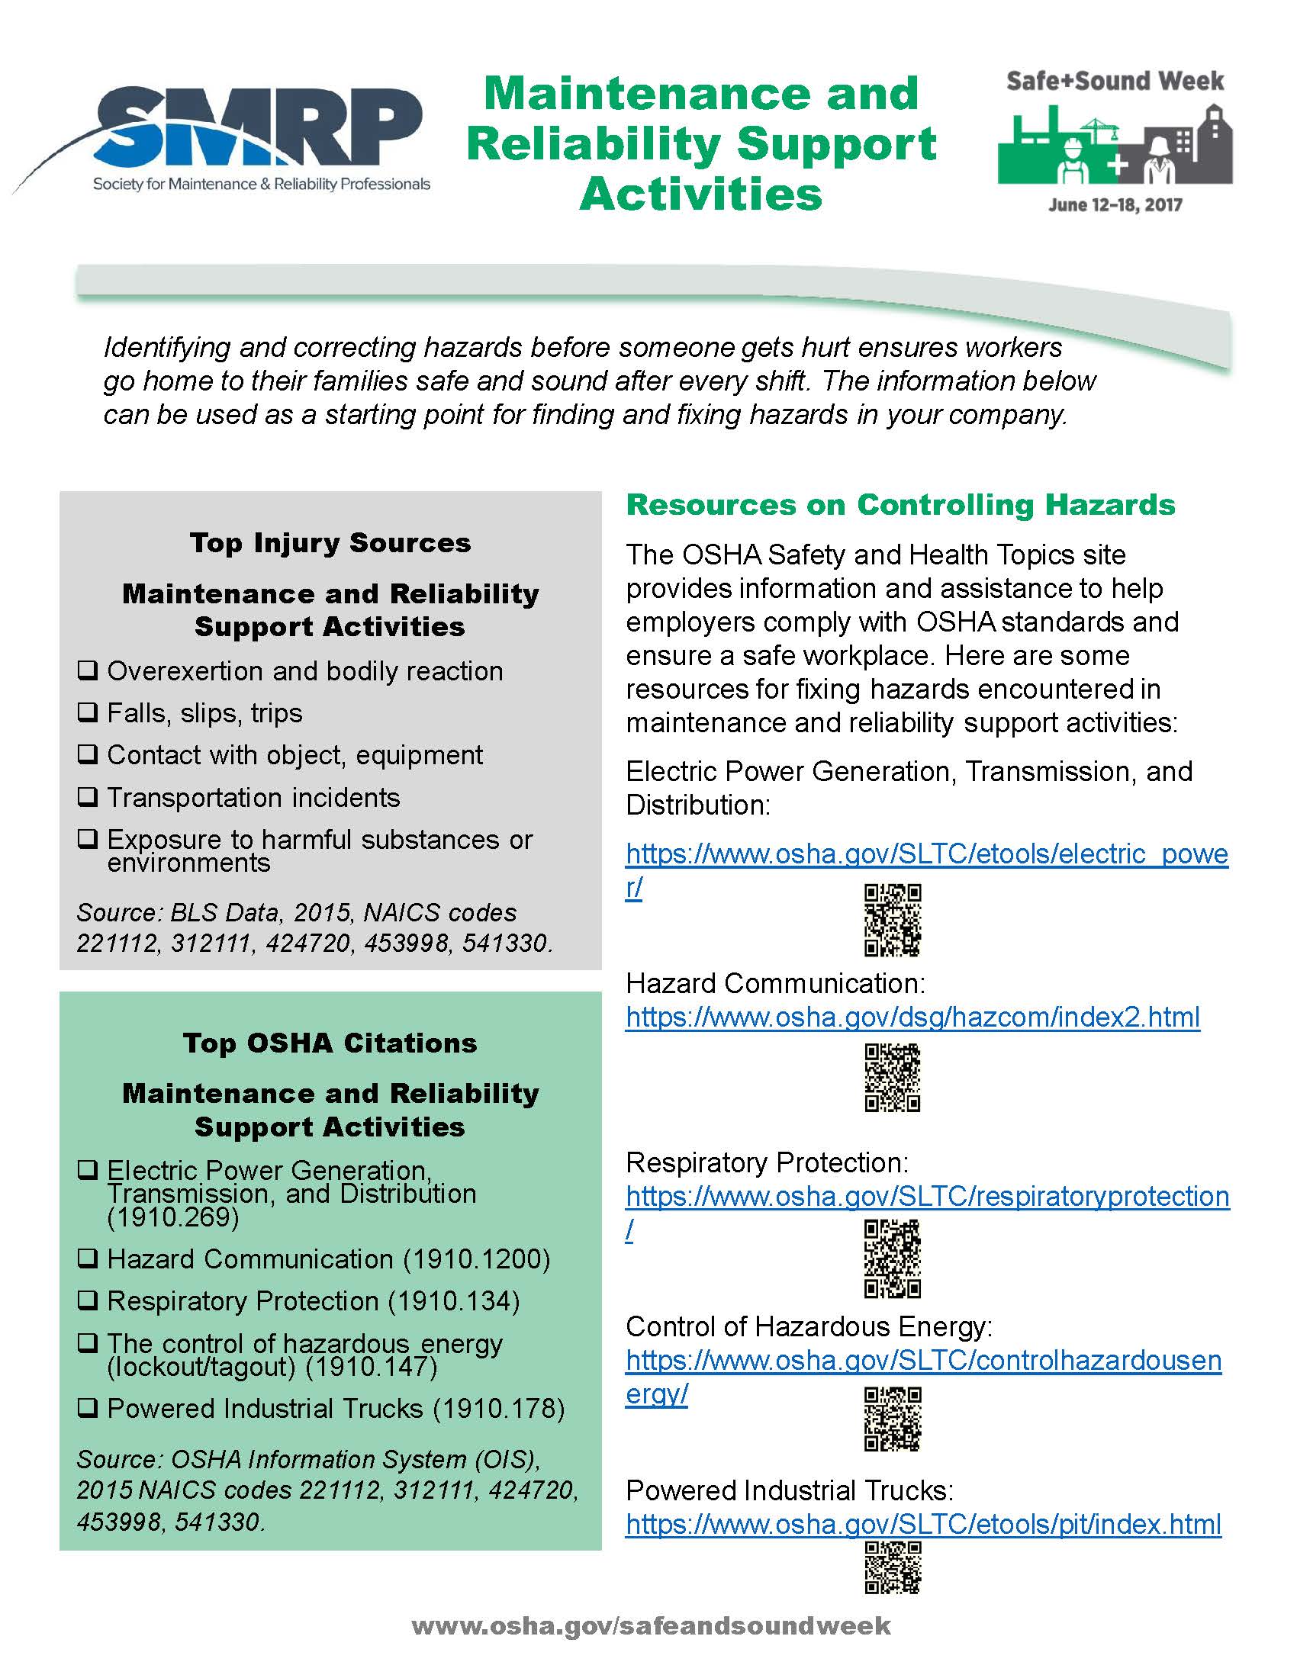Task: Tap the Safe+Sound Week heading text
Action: [x=1114, y=82]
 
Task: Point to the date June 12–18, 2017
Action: [x=1114, y=205]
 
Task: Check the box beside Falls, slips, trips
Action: [x=88, y=712]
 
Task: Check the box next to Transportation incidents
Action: [x=88, y=797]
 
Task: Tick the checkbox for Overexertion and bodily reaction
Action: [x=88, y=670]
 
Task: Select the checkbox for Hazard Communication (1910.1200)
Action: [x=88, y=1258]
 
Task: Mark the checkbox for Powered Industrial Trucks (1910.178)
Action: [x=88, y=1407]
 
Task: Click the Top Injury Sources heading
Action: [x=330, y=542]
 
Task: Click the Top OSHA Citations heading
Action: [x=330, y=1043]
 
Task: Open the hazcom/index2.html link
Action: [x=912, y=1017]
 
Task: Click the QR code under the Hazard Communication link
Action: [x=892, y=1077]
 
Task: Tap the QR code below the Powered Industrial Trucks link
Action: [x=892, y=1567]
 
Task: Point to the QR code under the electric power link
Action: [x=892, y=920]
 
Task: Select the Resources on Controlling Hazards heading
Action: [x=900, y=505]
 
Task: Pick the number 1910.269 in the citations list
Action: [x=173, y=1217]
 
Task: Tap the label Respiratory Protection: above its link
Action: [x=767, y=1162]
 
